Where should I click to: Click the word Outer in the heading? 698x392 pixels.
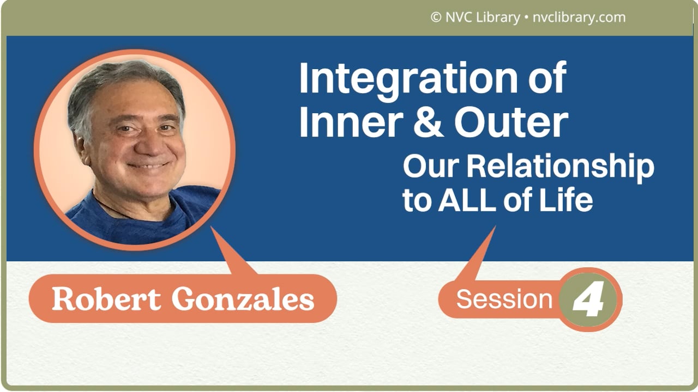(x=511, y=124)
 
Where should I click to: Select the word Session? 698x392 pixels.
(x=504, y=299)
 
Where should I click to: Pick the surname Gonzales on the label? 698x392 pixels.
(x=243, y=299)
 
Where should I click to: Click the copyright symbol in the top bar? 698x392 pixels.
(x=435, y=17)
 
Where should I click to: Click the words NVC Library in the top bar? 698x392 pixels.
(x=482, y=17)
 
